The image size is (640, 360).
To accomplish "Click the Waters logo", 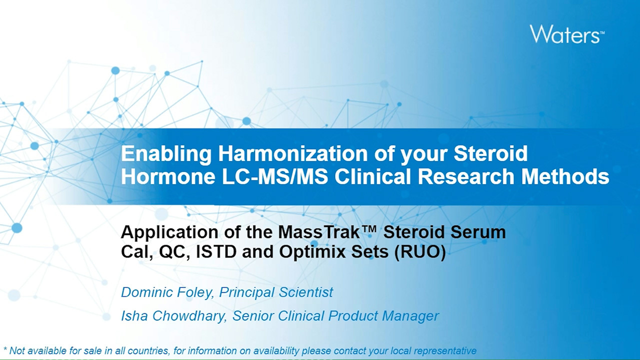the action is [x=567, y=34].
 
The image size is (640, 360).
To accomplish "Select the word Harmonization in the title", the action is [x=293, y=153].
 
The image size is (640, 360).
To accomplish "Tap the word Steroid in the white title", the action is [x=490, y=153].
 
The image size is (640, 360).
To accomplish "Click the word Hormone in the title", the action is [x=168, y=176].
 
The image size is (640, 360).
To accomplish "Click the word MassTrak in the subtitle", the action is [x=318, y=232].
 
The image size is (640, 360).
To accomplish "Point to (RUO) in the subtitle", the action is [x=419, y=252].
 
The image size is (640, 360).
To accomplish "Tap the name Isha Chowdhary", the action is [x=173, y=316].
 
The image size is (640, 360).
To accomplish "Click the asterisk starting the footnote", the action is [x=5, y=349].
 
